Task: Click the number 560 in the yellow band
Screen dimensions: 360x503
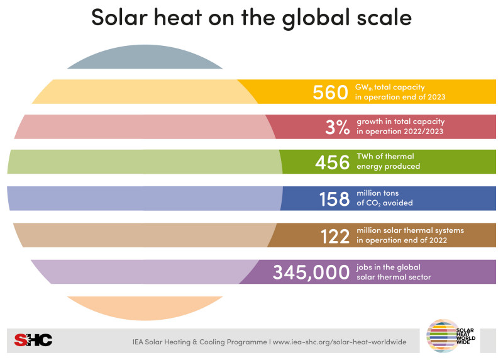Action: (330, 93)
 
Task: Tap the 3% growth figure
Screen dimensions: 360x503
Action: (336, 127)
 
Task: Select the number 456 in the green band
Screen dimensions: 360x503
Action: (331, 162)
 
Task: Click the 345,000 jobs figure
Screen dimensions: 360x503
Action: (311, 272)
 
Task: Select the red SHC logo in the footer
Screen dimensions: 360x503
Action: (33, 340)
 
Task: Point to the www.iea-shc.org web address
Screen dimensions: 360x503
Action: (343, 341)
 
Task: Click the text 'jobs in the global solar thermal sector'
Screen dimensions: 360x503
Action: (394, 272)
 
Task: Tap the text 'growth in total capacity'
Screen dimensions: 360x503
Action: (401, 121)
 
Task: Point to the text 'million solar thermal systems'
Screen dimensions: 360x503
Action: (410, 230)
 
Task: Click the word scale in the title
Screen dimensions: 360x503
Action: (381, 17)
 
